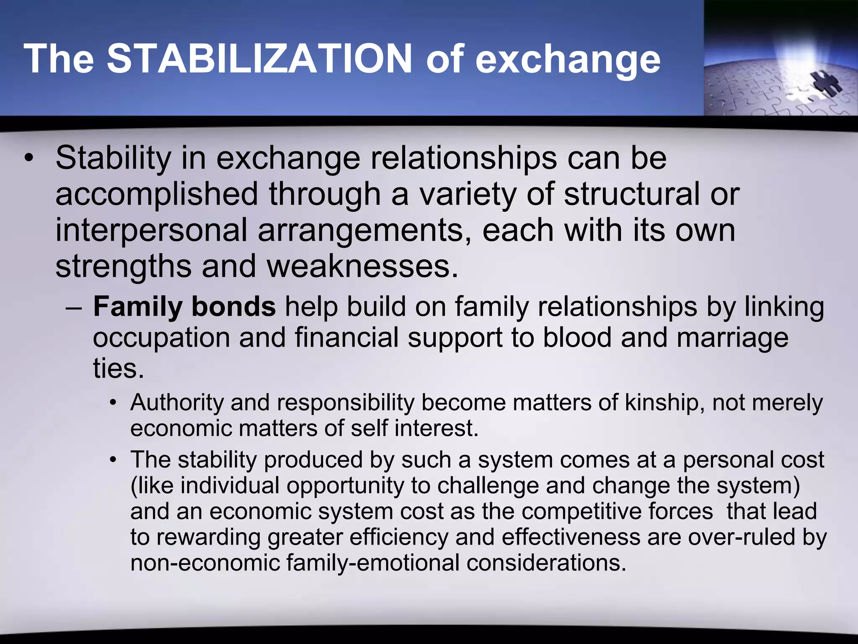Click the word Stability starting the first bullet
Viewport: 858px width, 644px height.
[x=114, y=158]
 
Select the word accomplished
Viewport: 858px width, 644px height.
[x=157, y=195]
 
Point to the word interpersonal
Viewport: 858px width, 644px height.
[x=151, y=231]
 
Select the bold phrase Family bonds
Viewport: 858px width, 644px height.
[x=184, y=307]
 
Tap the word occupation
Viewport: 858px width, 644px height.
[x=161, y=338]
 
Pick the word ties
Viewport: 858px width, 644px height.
[x=118, y=368]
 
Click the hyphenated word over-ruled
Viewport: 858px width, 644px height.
[x=742, y=537]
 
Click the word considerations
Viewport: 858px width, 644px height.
[x=546, y=563]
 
